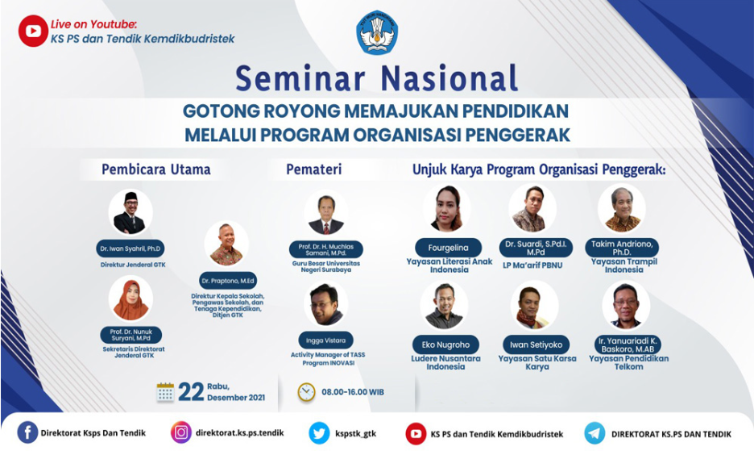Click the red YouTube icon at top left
click(x=33, y=31)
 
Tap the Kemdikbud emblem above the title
click(x=377, y=32)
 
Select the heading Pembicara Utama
click(x=155, y=169)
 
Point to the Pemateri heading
click(x=313, y=169)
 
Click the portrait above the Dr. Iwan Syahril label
click(x=130, y=212)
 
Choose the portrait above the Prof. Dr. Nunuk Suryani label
click(x=130, y=299)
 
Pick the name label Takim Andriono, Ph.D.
click(x=621, y=247)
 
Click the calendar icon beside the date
click(x=165, y=392)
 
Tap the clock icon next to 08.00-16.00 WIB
click(x=306, y=392)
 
